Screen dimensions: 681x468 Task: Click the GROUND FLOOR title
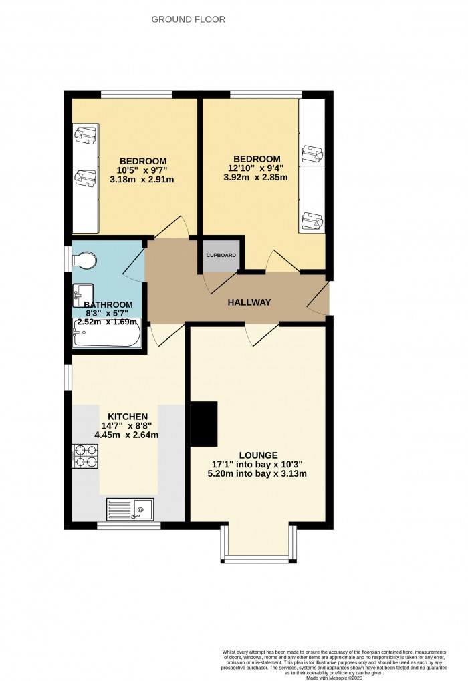click(188, 19)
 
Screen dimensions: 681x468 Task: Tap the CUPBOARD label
click(220, 255)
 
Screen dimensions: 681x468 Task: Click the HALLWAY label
click(249, 302)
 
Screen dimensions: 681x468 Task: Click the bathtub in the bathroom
click(107, 333)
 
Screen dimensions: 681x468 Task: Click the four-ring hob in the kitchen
click(85, 455)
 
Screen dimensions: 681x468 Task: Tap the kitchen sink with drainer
click(130, 509)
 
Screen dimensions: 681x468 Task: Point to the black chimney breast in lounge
click(205, 423)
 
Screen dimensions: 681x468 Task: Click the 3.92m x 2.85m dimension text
click(256, 178)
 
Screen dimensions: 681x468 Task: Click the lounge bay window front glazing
click(257, 559)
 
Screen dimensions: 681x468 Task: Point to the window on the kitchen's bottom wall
click(128, 526)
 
